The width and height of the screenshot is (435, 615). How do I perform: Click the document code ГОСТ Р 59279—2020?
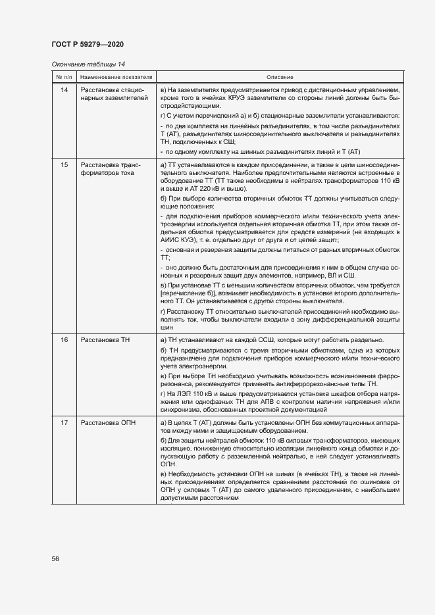(x=87, y=44)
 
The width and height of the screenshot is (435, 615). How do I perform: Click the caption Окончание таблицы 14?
(x=88, y=64)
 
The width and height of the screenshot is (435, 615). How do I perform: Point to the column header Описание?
(x=280, y=77)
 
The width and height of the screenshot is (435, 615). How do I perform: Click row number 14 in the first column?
(x=64, y=89)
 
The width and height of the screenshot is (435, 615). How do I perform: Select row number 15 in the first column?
(x=64, y=164)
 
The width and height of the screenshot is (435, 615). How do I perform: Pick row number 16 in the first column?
(x=64, y=340)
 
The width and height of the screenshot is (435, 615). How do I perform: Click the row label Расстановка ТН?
(x=105, y=340)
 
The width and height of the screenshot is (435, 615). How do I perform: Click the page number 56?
(x=55, y=558)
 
